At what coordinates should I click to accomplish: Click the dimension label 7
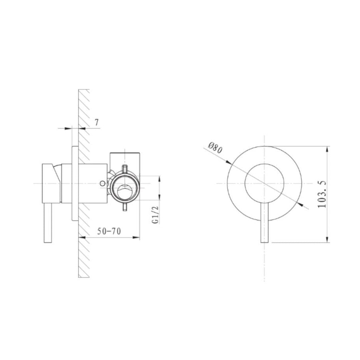pos(96,122)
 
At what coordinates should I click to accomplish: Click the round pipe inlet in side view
pos(124,188)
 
